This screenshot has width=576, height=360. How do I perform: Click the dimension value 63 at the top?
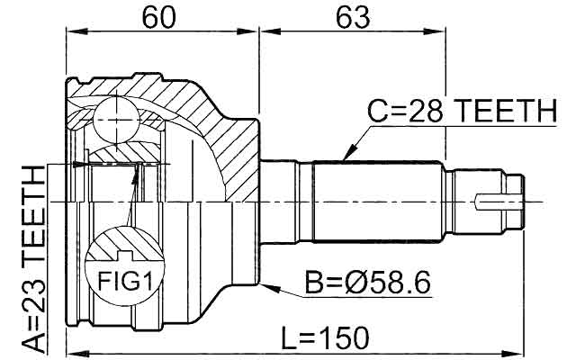coord(352,17)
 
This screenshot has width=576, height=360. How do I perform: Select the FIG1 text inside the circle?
coord(124,283)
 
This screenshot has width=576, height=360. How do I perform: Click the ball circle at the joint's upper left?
coord(116,114)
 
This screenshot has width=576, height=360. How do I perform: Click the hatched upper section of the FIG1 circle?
coord(124,245)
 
